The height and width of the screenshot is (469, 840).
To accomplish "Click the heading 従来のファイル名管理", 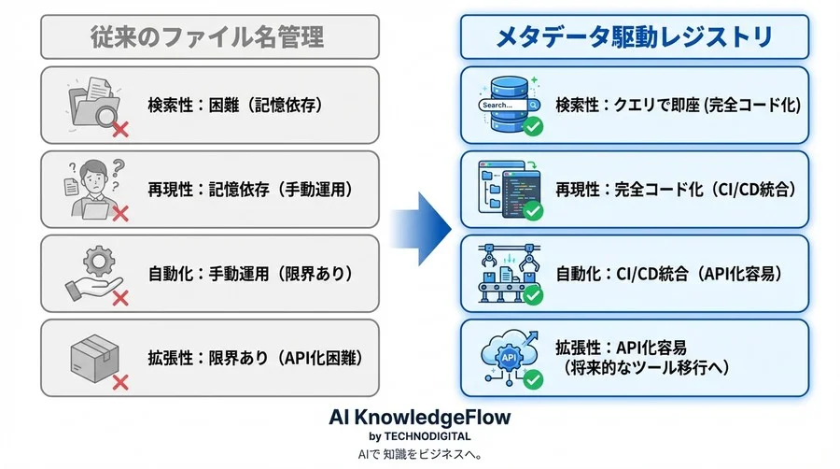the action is coord(207,37).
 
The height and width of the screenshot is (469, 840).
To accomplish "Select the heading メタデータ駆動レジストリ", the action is coord(635,37).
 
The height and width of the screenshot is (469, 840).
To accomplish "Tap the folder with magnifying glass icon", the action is coord(93,103).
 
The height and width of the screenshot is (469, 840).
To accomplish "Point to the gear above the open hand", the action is coord(99,262).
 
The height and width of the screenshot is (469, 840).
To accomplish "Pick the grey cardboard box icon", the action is coord(94,358).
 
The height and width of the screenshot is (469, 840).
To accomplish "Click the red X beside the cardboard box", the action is coord(120,382).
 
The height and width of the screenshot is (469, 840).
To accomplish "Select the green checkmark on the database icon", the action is coord(533,127).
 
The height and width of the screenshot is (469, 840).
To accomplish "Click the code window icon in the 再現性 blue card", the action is coord(509,190).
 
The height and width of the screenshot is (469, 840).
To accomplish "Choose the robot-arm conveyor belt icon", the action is coord(509,274).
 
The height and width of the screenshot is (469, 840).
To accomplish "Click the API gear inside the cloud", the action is coord(509,358).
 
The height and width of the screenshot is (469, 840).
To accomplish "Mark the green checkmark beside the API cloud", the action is coord(533,380).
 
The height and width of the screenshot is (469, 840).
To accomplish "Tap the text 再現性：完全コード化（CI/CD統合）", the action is coord(677,190).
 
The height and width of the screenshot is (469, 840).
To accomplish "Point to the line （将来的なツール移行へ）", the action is coord(642,368).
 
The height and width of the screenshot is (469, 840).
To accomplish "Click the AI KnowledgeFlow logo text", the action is coord(420,417).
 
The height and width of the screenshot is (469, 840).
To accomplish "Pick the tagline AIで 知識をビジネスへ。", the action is coord(420,455).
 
